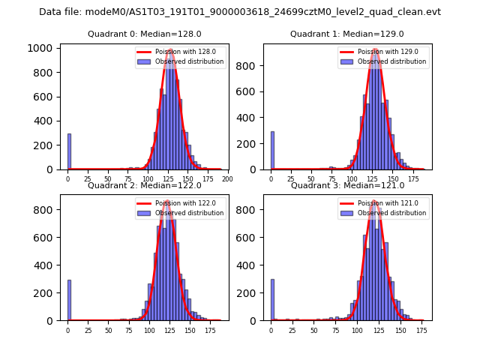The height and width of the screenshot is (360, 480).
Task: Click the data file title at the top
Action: coord(240,12)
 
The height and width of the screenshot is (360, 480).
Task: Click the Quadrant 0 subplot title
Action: coord(144,34)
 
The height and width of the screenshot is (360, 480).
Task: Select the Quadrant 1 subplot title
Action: coord(346,34)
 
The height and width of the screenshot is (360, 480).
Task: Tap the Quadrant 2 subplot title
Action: coord(144,185)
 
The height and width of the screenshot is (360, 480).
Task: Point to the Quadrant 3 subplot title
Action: coord(346,185)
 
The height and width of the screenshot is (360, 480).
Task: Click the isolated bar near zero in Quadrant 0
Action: coord(69,151)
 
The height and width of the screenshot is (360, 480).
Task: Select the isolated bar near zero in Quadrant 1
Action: coord(272,151)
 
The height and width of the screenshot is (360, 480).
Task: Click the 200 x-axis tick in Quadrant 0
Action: coord(228,179)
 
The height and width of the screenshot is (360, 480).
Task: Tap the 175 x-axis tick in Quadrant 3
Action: coord(421,330)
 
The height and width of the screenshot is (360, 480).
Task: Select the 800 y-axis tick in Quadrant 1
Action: coord(247,65)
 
